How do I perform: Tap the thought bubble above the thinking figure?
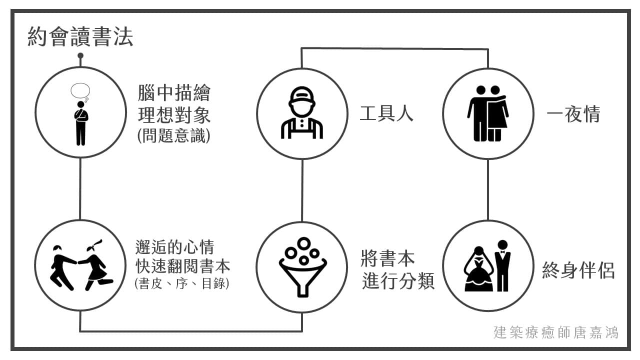click(80, 90)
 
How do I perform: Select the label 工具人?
click(386, 114)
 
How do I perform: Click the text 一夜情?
click(573, 115)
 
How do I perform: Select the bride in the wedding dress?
click(478, 270)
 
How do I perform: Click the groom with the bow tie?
click(502, 265)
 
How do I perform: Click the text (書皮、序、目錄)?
click(182, 283)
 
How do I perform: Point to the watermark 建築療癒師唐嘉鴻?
click(555, 332)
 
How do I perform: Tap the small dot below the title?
click(80, 55)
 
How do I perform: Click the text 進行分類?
click(398, 281)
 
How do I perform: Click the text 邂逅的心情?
click(174, 247)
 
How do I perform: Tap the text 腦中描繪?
click(174, 93)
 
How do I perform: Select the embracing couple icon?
click(487, 113)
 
